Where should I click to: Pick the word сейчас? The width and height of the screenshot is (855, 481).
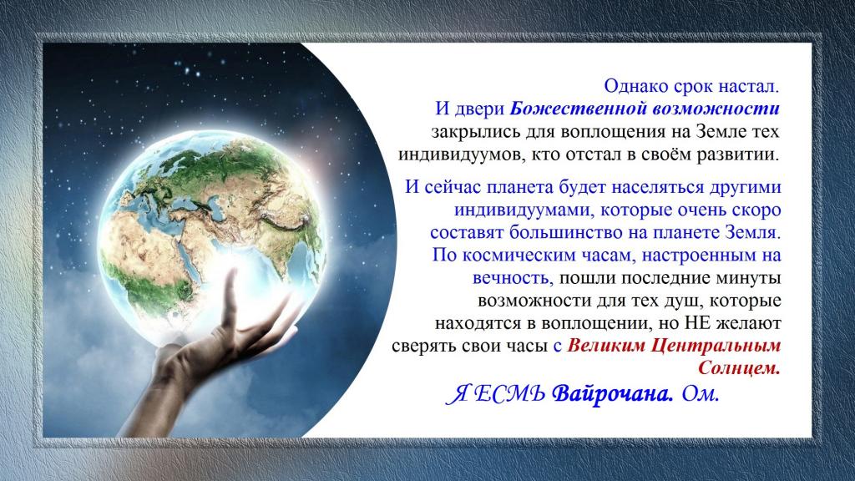[453, 187]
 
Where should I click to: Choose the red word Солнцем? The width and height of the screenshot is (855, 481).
[739, 368]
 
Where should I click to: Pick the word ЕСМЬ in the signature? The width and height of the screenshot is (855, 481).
[509, 394]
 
